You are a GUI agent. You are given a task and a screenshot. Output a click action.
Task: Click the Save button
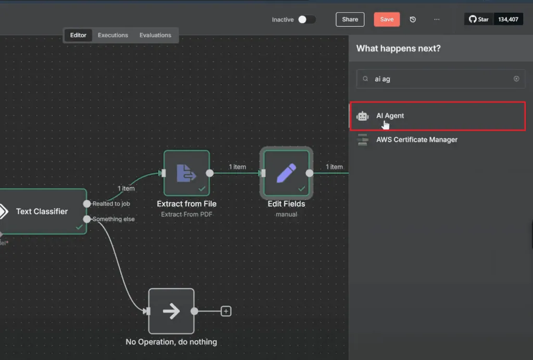pos(387,19)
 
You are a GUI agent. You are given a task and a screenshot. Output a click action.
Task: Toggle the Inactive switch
pos(307,19)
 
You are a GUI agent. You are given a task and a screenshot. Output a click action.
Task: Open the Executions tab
pos(113,35)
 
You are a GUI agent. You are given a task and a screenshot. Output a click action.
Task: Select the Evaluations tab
pos(155,35)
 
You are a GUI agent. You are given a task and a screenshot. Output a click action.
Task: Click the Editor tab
pos(78,35)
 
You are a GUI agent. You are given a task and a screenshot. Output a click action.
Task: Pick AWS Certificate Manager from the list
pos(417,139)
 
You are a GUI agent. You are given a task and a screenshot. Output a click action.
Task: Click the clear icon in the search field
pos(516,79)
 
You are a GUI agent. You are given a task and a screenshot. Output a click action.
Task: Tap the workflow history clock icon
pos(413,19)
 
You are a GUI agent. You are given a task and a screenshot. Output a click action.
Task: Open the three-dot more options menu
pos(437,19)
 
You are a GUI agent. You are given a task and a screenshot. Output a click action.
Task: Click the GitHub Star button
pos(479,19)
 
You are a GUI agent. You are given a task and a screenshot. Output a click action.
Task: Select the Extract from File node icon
pos(187,173)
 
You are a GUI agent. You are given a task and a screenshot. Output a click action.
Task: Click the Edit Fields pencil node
pos(286,173)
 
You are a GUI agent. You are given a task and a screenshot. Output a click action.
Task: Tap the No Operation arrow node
pos(171,311)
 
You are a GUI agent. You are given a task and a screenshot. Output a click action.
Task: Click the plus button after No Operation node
pos(226,311)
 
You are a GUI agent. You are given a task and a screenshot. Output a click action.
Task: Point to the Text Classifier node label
pos(42,211)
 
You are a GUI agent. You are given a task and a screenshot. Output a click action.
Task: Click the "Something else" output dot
pos(87,219)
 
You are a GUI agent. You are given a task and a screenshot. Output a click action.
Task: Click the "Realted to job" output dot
pos(87,204)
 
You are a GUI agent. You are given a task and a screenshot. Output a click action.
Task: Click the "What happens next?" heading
pos(398,48)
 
